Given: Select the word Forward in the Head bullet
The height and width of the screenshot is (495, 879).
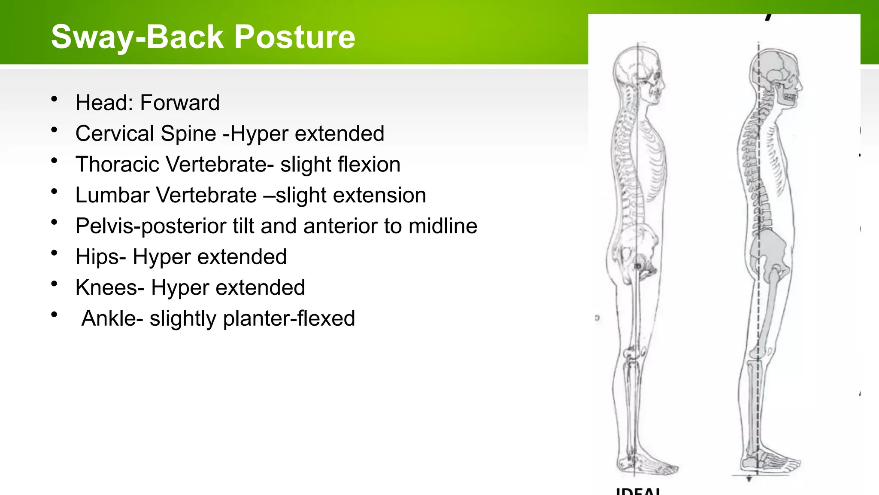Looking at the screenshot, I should (x=180, y=103).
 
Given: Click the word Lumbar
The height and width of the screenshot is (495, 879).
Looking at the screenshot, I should (x=112, y=196).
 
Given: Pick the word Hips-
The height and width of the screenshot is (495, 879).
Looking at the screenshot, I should (x=101, y=257).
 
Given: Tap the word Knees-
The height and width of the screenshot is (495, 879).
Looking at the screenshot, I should (x=110, y=287).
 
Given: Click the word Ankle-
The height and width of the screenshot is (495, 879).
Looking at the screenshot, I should (x=112, y=318).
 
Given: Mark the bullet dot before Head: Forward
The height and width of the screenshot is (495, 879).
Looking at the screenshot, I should (x=54, y=100).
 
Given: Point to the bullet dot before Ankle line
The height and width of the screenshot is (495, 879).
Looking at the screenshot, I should (x=54, y=315).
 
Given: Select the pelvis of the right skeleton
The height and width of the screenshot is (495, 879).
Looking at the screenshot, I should (x=768, y=251).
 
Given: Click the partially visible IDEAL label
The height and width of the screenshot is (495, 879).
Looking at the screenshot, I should (x=638, y=491).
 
